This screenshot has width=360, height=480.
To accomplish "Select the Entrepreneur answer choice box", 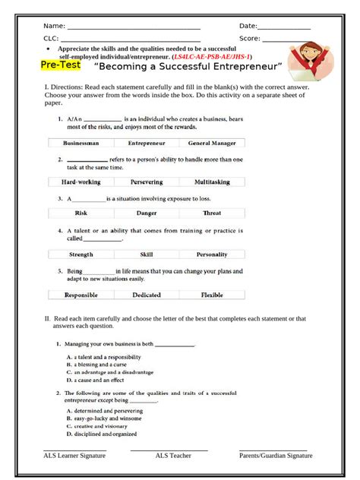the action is [x=147, y=142].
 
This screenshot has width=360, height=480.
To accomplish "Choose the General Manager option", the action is [x=212, y=142].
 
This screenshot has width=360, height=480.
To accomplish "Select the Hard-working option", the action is [x=81, y=182].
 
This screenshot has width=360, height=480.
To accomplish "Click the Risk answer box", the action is [x=81, y=213].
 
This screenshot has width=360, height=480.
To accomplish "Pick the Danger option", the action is [x=147, y=213].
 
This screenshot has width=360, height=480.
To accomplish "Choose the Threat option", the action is [x=212, y=213].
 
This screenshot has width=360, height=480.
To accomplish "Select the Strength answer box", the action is [x=81, y=254].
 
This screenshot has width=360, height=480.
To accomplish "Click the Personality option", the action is [x=212, y=254].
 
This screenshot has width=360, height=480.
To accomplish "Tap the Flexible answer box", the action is [x=212, y=295].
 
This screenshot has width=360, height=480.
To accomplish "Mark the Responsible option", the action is [x=81, y=295].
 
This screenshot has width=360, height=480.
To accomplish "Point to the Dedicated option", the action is [x=147, y=295].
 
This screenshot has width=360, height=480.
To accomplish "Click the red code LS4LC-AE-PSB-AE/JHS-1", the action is [x=212, y=57].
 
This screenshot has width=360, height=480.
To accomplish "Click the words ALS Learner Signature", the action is [x=74, y=456].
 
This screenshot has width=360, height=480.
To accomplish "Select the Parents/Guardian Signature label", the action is [x=276, y=456].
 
